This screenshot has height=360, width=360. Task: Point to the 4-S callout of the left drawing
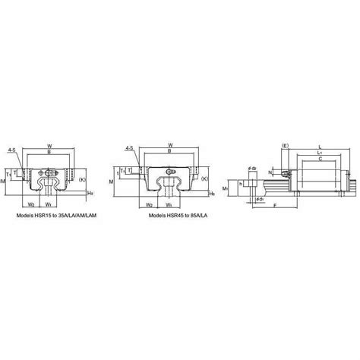tap(11, 151)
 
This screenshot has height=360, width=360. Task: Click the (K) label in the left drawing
tap(82, 179)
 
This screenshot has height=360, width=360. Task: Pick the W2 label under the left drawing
tap(30, 204)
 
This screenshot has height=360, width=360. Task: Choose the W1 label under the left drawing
tap(49, 204)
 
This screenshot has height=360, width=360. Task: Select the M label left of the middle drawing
tap(112, 183)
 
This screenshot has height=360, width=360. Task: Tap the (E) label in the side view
tap(285, 144)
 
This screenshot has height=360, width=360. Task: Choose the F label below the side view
tap(295, 205)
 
